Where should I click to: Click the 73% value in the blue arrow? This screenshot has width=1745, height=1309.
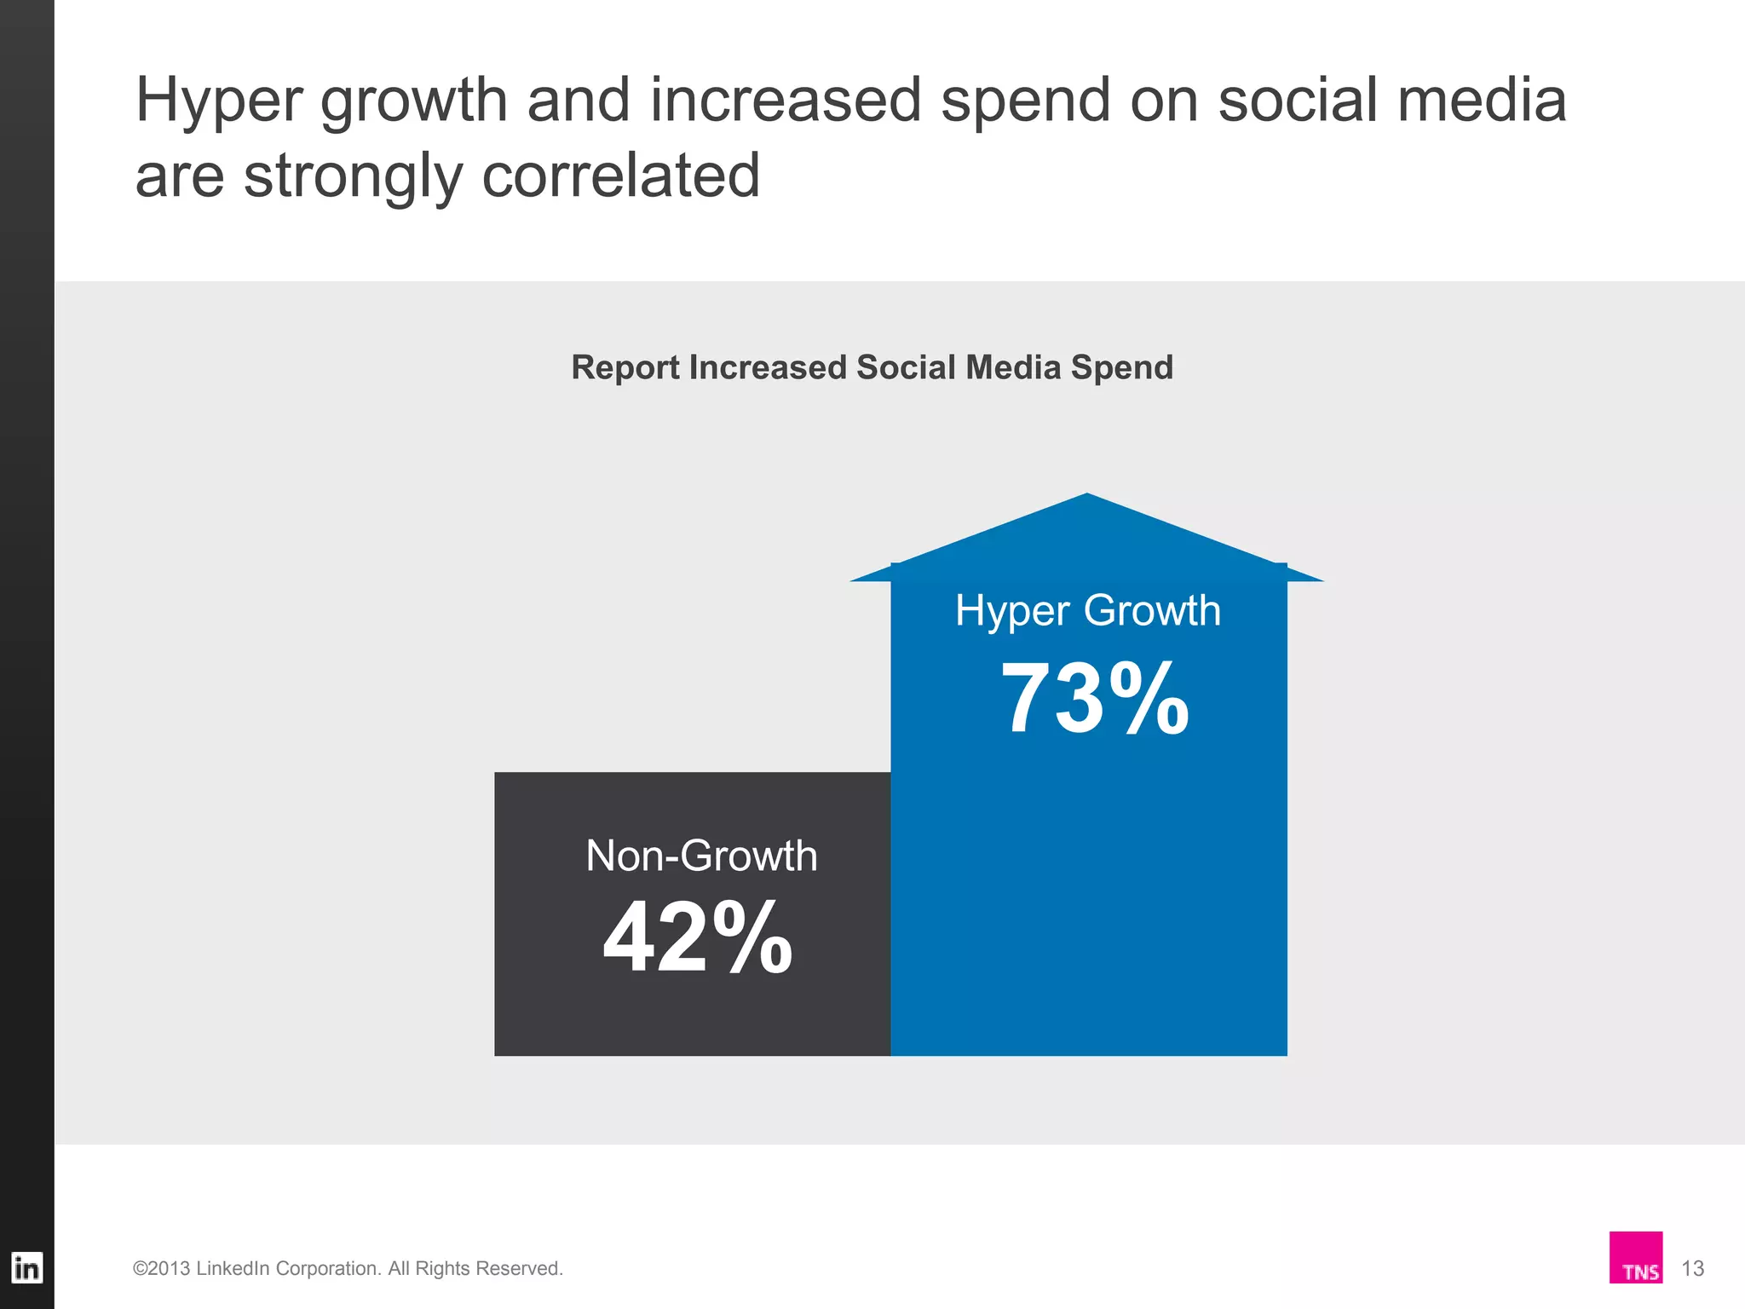pos(1094,699)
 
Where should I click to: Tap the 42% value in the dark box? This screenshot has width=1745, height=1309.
pos(698,937)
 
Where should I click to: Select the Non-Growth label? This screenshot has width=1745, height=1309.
pos(701,856)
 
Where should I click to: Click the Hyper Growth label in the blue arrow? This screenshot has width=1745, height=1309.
pos(1088,611)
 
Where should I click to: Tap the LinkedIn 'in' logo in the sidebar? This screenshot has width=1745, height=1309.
pos(26,1268)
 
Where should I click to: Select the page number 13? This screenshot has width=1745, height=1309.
pos(1692,1269)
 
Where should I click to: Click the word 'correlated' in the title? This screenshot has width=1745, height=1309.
pos(620,176)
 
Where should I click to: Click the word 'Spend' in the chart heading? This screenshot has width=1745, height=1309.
pos(1122,368)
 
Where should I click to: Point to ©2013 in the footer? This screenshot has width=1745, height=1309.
pos(161,1269)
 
